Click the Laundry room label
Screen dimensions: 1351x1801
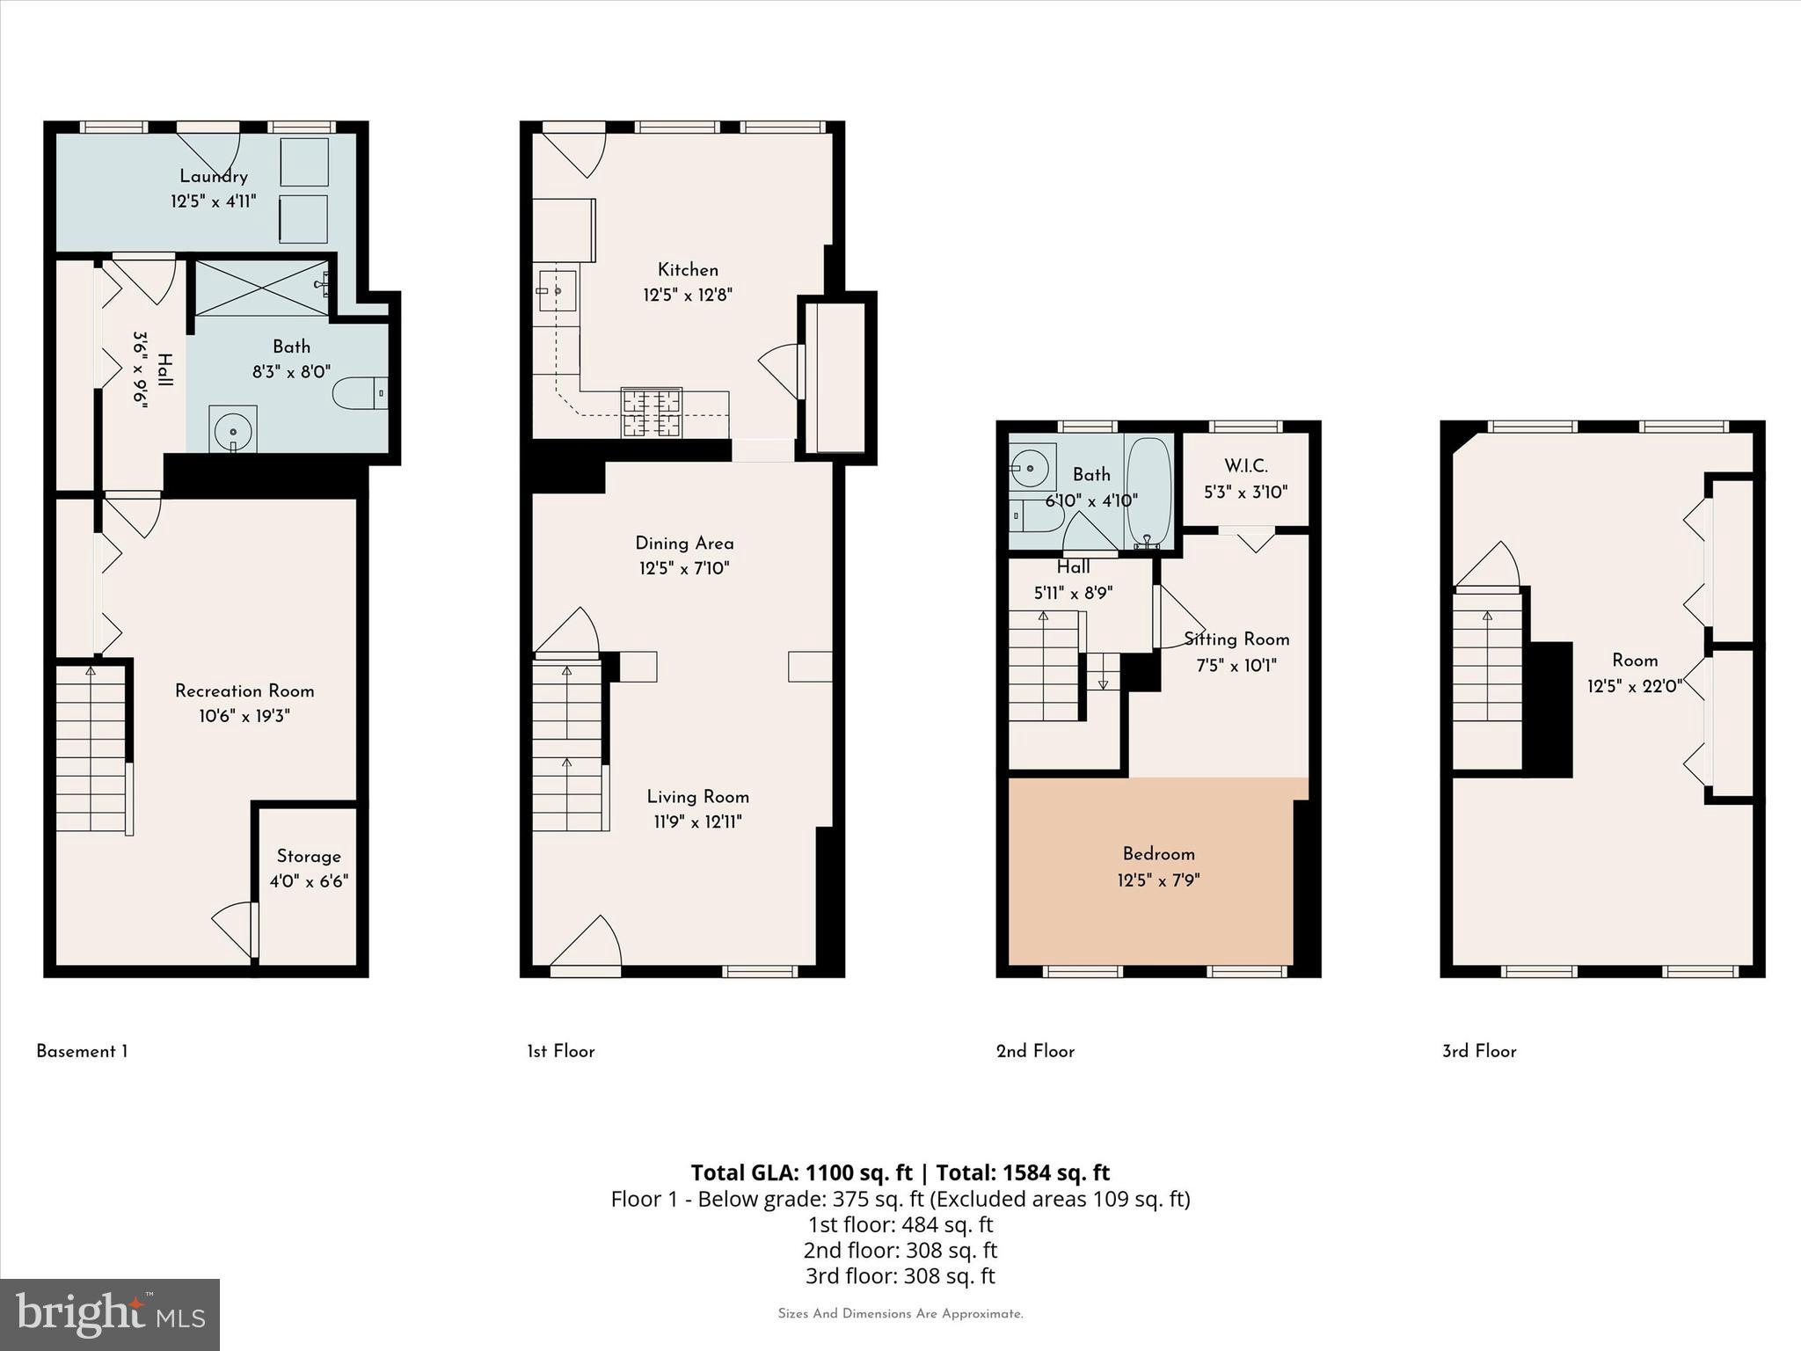(x=214, y=176)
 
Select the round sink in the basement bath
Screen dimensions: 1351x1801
(x=233, y=430)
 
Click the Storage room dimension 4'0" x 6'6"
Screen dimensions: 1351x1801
(x=309, y=880)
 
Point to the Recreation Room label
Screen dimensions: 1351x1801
(x=244, y=690)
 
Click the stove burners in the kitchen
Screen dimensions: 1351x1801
(x=652, y=413)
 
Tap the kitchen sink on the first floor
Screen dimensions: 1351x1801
(x=558, y=290)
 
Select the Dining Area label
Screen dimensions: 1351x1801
(x=684, y=543)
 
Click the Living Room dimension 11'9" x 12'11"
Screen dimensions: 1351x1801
(x=697, y=822)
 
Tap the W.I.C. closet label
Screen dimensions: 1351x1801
(x=1246, y=466)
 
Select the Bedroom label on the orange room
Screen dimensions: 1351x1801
(x=1158, y=853)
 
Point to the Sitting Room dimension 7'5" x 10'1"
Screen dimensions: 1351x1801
(x=1236, y=665)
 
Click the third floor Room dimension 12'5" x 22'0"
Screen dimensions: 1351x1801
(x=1634, y=685)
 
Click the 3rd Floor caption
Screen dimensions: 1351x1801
(x=1479, y=1051)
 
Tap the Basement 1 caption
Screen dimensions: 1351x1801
(x=82, y=1051)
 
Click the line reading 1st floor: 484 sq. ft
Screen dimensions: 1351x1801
(x=900, y=1224)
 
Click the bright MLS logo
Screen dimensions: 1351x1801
(x=110, y=1314)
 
